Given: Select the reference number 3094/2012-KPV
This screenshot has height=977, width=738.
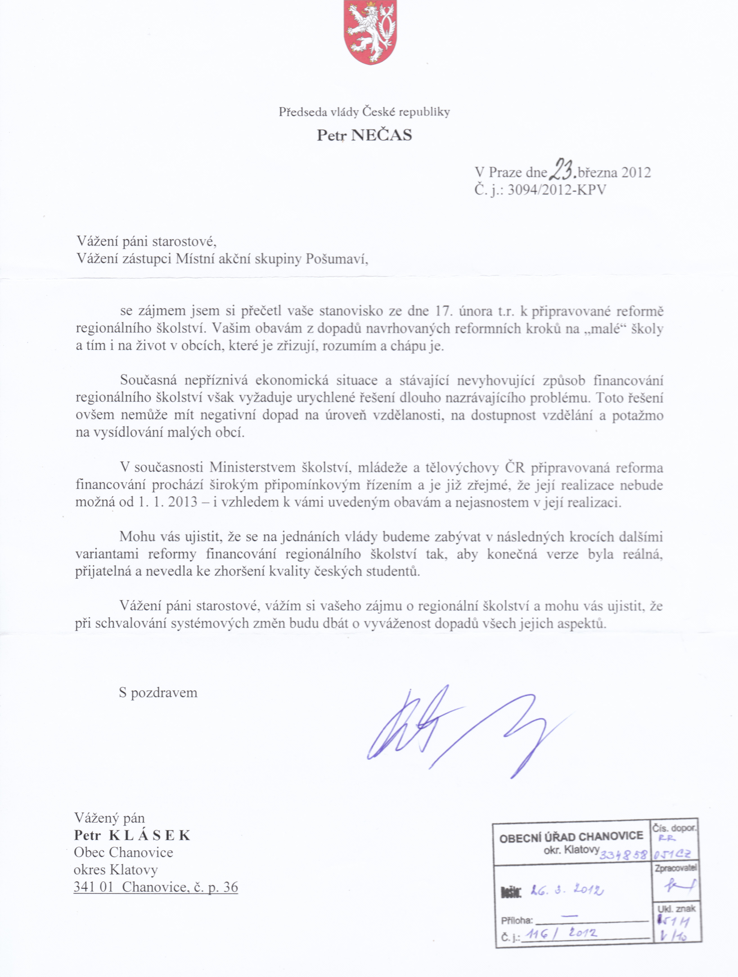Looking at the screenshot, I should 557,190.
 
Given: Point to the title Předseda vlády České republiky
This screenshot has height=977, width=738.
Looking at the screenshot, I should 364,112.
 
